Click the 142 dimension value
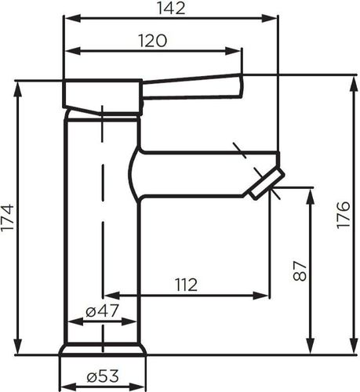coord(172,8)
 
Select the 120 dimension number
coord(152,41)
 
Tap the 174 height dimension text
coord(8,217)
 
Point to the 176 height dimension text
coord(344,215)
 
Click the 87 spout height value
coord(300,271)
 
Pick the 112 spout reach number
coord(186,285)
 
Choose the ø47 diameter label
coord(102,310)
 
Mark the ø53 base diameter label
coord(103,376)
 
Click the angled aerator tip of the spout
coord(266,183)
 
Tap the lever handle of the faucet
coord(193,87)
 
